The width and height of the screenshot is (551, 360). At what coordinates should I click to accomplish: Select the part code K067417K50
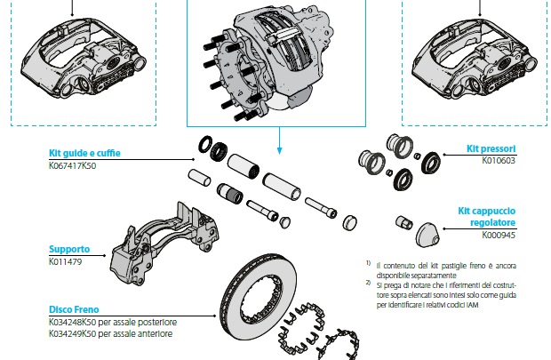click(x=72, y=165)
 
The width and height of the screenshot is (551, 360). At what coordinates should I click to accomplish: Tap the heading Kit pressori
click(x=491, y=149)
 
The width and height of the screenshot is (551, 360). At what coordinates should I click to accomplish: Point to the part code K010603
click(x=499, y=162)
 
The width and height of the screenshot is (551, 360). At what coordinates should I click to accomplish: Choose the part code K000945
click(x=499, y=236)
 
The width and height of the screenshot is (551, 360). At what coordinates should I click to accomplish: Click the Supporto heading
click(x=68, y=251)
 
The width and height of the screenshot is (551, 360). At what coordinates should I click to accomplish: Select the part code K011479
click(x=65, y=263)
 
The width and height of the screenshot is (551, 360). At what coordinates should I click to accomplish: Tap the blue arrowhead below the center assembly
click(x=280, y=148)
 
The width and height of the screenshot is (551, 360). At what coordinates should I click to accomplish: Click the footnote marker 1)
click(x=368, y=264)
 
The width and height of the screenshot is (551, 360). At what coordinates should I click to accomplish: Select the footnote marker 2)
click(x=368, y=282)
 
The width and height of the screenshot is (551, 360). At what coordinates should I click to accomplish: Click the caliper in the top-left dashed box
click(x=85, y=57)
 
